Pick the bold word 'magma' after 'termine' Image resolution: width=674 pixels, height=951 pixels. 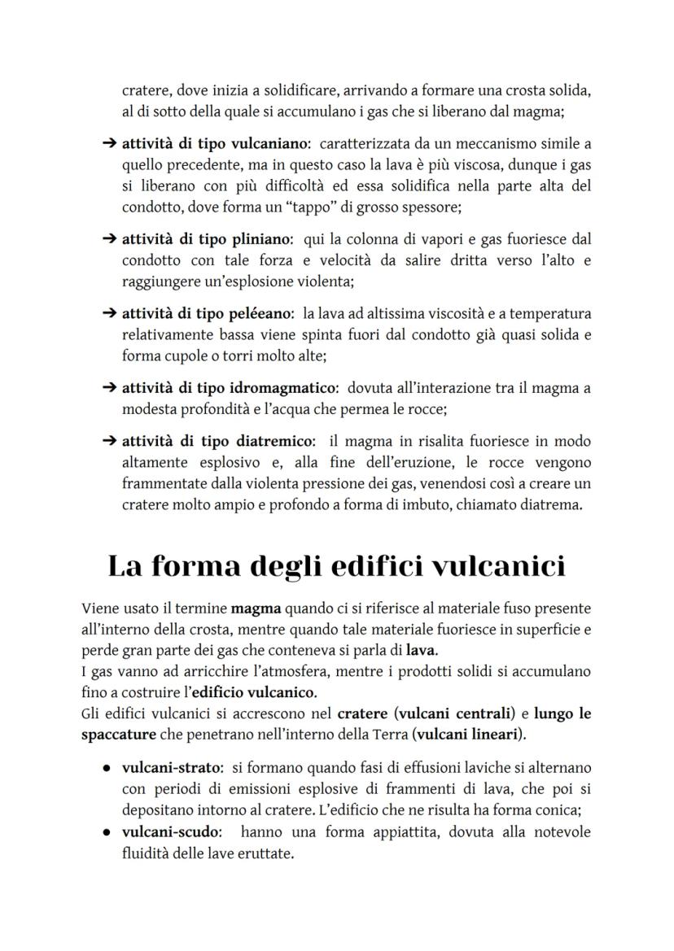256,609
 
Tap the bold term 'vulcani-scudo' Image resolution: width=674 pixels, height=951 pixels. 169,833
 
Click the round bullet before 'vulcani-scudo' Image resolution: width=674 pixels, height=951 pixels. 107,833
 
